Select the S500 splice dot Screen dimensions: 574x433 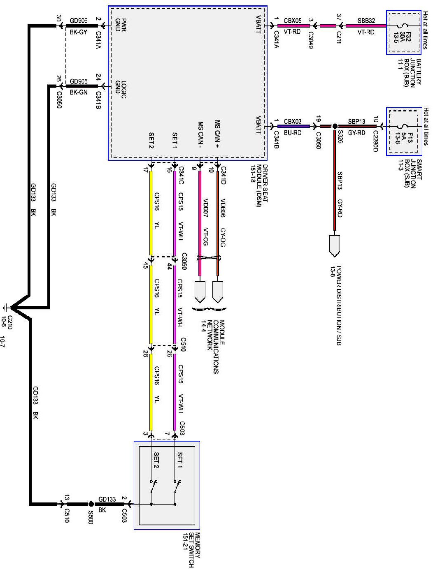[91, 503]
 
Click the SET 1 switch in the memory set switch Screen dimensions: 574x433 [177, 487]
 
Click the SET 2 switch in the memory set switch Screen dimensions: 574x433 [154, 487]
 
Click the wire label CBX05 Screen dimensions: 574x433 [293, 20]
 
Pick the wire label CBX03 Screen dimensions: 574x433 [293, 121]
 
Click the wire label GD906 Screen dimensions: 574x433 [78, 20]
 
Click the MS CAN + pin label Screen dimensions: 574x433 [217, 132]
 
